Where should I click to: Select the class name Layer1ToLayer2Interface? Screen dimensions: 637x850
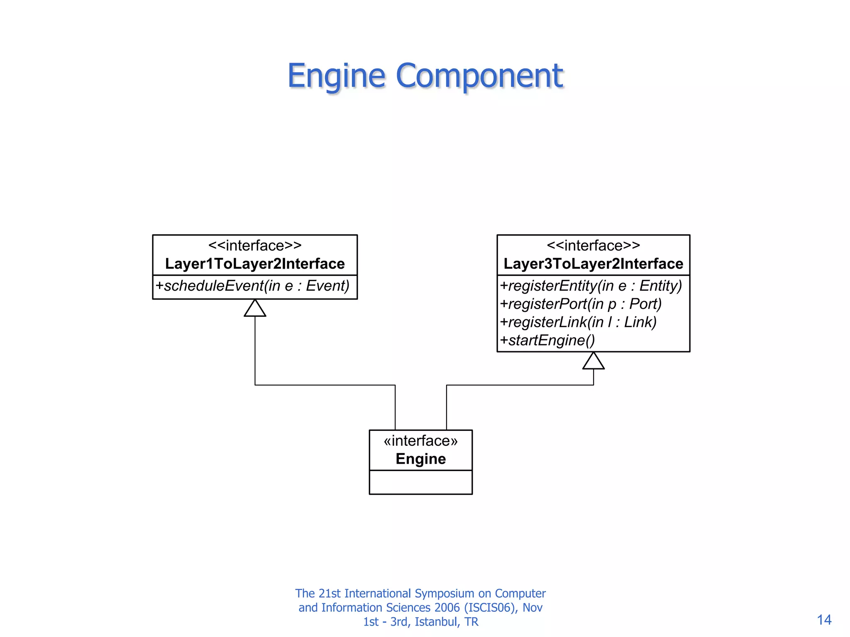255,264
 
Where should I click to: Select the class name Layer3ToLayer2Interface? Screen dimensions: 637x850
593,264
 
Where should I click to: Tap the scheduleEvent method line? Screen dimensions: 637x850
252,286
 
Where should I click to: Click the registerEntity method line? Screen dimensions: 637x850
591,286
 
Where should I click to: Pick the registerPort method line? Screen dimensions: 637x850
580,304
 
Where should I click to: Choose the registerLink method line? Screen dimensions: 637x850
578,322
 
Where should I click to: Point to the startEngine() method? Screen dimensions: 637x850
547,340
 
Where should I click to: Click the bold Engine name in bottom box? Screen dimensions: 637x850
420,459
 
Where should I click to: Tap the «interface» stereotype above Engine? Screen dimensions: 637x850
420,440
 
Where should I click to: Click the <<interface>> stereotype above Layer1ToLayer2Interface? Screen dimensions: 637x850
255,246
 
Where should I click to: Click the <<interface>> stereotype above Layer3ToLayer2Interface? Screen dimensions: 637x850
593,246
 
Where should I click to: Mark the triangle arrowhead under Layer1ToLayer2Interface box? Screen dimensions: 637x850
255,309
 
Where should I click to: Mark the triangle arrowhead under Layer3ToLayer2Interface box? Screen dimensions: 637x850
593,361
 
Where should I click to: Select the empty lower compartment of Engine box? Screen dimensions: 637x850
420,482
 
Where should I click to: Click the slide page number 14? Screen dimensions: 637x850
824,620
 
